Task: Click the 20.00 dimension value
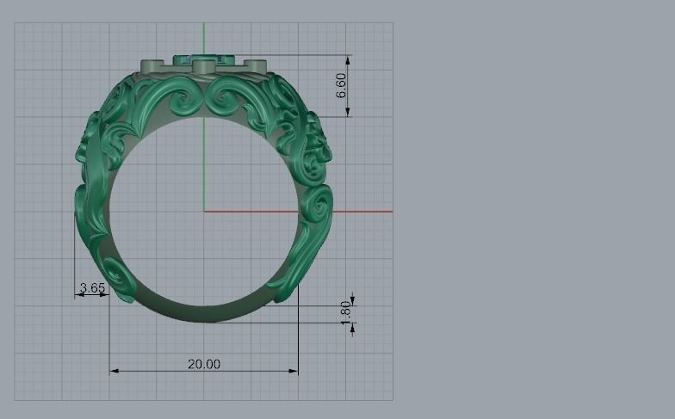click(x=204, y=364)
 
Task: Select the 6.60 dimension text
click(x=341, y=84)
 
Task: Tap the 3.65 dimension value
click(x=92, y=287)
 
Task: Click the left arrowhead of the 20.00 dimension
click(x=114, y=372)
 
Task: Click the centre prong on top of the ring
click(x=204, y=66)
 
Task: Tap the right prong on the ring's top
click(x=256, y=65)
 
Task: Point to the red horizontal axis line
click(x=362, y=211)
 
